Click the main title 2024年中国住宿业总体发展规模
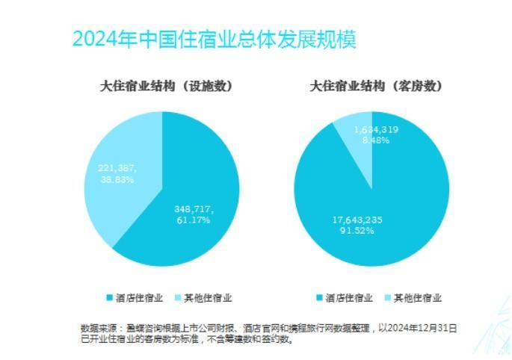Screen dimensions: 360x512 tap(214, 39)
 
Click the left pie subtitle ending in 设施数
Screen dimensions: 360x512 tap(166, 86)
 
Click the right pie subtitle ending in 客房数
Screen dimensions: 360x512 tap(377, 86)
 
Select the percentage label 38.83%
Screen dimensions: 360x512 tap(117, 179)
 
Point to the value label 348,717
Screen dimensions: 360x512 tap(192, 210)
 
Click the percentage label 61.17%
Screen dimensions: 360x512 tap(192, 220)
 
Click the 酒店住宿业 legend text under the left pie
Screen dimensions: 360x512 tap(139, 298)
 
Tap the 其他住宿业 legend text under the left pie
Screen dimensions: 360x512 tap(208, 298)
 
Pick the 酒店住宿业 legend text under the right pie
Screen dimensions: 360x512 tap(348, 298)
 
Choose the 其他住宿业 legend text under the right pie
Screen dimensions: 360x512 tap(418, 298)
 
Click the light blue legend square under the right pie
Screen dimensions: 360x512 tap(388, 298)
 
